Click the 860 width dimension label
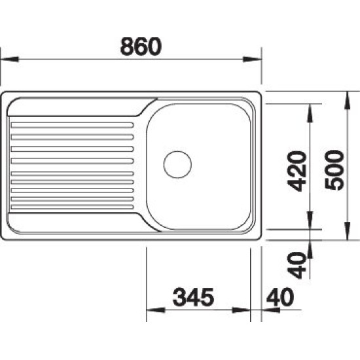click(x=141, y=46)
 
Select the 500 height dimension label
click(x=334, y=170)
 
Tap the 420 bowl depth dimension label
click(x=297, y=171)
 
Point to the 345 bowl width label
click(x=193, y=297)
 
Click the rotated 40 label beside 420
click(x=297, y=265)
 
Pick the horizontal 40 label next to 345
click(x=280, y=297)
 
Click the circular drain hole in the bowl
click(x=177, y=164)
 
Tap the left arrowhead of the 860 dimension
click(x=9, y=59)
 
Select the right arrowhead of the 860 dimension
click(x=252, y=59)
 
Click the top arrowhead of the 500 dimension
click(x=348, y=100)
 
